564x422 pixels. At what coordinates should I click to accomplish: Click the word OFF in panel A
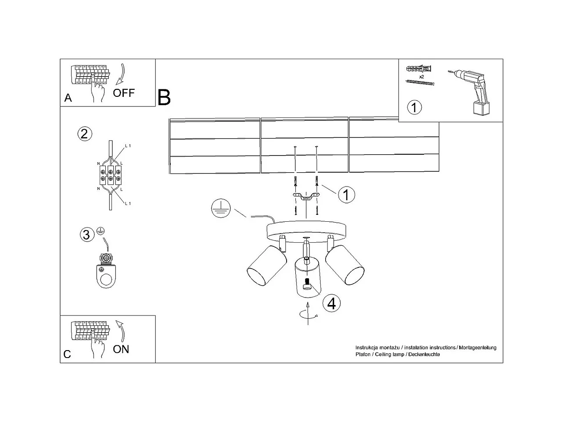click(x=124, y=93)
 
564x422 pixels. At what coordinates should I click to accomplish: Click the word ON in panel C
click(x=121, y=349)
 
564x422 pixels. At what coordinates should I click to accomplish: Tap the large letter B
click(x=164, y=97)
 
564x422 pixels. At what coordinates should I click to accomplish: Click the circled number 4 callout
click(x=331, y=303)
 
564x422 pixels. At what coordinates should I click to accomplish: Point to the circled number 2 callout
click(x=84, y=133)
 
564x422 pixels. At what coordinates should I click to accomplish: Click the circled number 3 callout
click(x=86, y=235)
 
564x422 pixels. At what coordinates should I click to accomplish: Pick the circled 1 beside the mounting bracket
click(x=346, y=195)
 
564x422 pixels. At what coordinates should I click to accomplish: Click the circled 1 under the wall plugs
click(x=414, y=107)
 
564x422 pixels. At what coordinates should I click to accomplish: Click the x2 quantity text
click(x=421, y=77)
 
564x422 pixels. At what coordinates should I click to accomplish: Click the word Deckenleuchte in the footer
click(x=424, y=354)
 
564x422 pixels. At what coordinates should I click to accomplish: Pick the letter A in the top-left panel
click(x=68, y=98)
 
